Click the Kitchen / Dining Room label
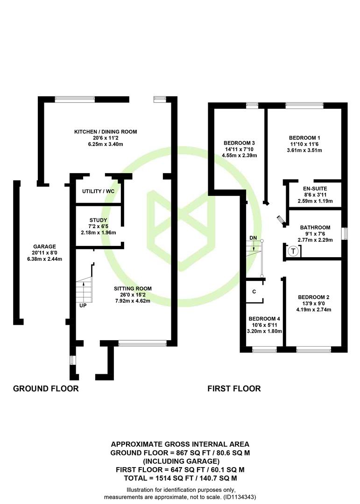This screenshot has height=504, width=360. coord(106,132)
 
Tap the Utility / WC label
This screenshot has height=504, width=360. coord(98,191)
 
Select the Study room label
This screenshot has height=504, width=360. coord(98,220)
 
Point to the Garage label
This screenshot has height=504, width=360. coord(45,246)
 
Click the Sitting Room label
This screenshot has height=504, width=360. coord(133,289)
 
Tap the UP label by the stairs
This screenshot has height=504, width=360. coord(83,305)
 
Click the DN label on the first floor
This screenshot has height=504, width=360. coord(253,238)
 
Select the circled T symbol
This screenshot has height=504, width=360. coord(293,251)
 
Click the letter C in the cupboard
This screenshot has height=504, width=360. coord(254,292)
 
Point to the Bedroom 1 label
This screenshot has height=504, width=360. coord(304,138)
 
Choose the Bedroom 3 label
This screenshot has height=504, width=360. coord(240,143)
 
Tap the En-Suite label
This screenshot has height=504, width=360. coord(315,189)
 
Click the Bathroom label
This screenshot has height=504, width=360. coord(315,227)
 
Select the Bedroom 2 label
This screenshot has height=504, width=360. coord(313,297)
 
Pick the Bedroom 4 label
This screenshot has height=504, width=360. coord(264,319)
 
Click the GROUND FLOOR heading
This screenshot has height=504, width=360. coord(46,389)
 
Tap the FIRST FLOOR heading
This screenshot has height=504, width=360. coord(234,389)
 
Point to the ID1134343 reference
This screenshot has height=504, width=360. coord(240,497)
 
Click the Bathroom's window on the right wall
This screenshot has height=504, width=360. coord(345,234)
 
